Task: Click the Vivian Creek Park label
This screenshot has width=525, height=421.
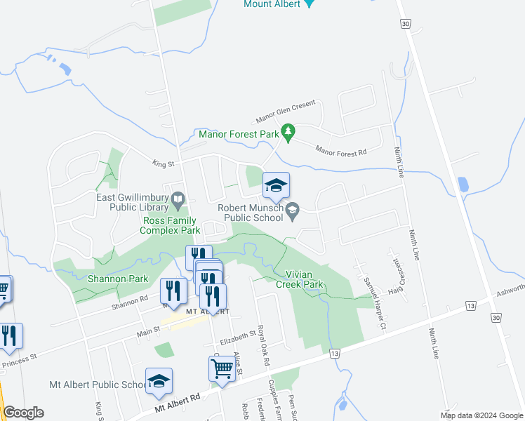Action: point(304,280)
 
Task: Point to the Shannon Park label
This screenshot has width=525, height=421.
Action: point(118,279)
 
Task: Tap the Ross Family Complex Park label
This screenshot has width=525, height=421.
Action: point(170,225)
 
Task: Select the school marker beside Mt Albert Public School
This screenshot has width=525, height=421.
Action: point(159,380)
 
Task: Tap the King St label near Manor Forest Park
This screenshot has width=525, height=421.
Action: point(162,163)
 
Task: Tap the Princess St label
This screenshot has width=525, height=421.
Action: point(19,360)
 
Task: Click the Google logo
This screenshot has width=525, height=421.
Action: point(23,412)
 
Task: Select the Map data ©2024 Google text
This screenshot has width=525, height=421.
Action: point(481,415)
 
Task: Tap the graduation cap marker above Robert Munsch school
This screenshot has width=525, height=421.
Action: point(276,185)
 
